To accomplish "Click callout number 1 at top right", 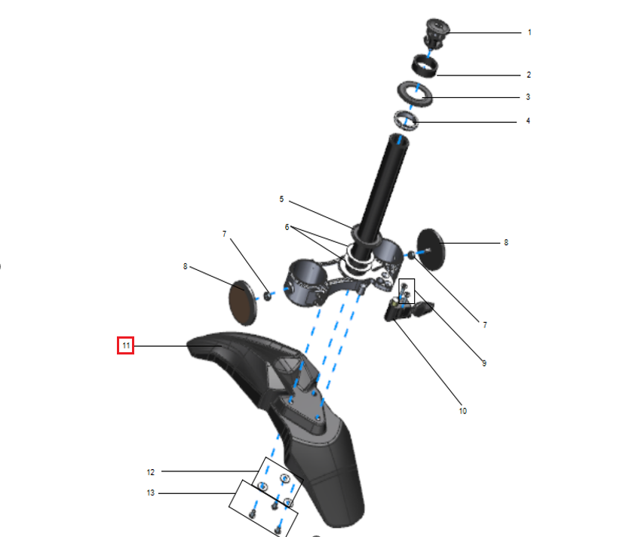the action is (529, 32).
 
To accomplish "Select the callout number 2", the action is (529, 75).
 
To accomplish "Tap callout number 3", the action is (528, 97).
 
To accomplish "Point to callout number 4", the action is (528, 121).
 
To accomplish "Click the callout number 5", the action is (281, 199).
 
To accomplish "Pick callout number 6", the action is (287, 227).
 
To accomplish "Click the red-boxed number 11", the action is (125, 345).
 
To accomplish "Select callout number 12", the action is (150, 472).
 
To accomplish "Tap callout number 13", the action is (150, 493).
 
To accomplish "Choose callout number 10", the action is (462, 411).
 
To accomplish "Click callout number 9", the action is (484, 364).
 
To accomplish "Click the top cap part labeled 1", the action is (437, 33).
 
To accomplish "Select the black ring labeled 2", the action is (425, 66).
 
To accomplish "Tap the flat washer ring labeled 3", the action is (415, 94).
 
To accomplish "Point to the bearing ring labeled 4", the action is (406, 121).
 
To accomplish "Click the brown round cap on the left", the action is (243, 302).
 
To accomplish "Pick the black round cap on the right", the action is (431, 250).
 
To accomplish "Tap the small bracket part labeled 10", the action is (407, 311).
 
